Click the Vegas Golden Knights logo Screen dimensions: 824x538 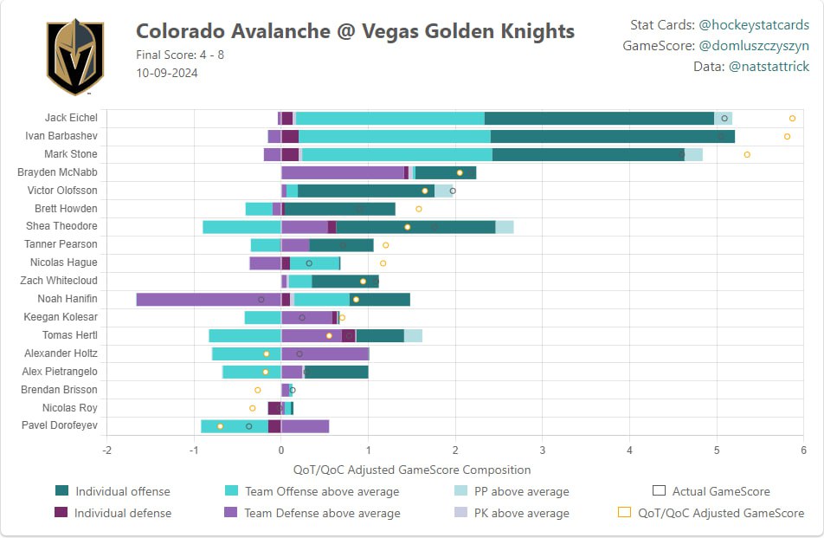point(75,57)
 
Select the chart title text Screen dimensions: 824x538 point(355,31)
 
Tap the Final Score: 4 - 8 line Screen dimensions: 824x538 point(180,55)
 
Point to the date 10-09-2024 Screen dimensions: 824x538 point(166,73)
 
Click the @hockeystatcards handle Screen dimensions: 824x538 point(754,25)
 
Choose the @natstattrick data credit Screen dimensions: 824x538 point(769,66)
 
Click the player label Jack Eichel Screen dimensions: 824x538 point(71,117)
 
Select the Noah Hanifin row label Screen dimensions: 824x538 point(68,299)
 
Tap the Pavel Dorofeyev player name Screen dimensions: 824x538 point(60,425)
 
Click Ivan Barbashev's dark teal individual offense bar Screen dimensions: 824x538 point(613,137)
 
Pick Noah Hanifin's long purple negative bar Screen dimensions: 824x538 point(209,300)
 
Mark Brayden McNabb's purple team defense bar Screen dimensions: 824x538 point(343,173)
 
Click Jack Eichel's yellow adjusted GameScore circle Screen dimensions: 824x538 point(792,119)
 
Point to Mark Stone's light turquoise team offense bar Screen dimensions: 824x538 point(397,154)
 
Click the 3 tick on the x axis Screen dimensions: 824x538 point(543,450)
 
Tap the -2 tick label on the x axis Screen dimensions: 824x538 point(106,450)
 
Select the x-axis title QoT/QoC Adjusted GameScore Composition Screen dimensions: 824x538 point(412,470)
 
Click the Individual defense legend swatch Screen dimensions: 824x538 point(61,512)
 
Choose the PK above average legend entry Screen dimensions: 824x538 point(512,513)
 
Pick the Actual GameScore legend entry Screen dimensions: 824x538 point(711,491)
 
